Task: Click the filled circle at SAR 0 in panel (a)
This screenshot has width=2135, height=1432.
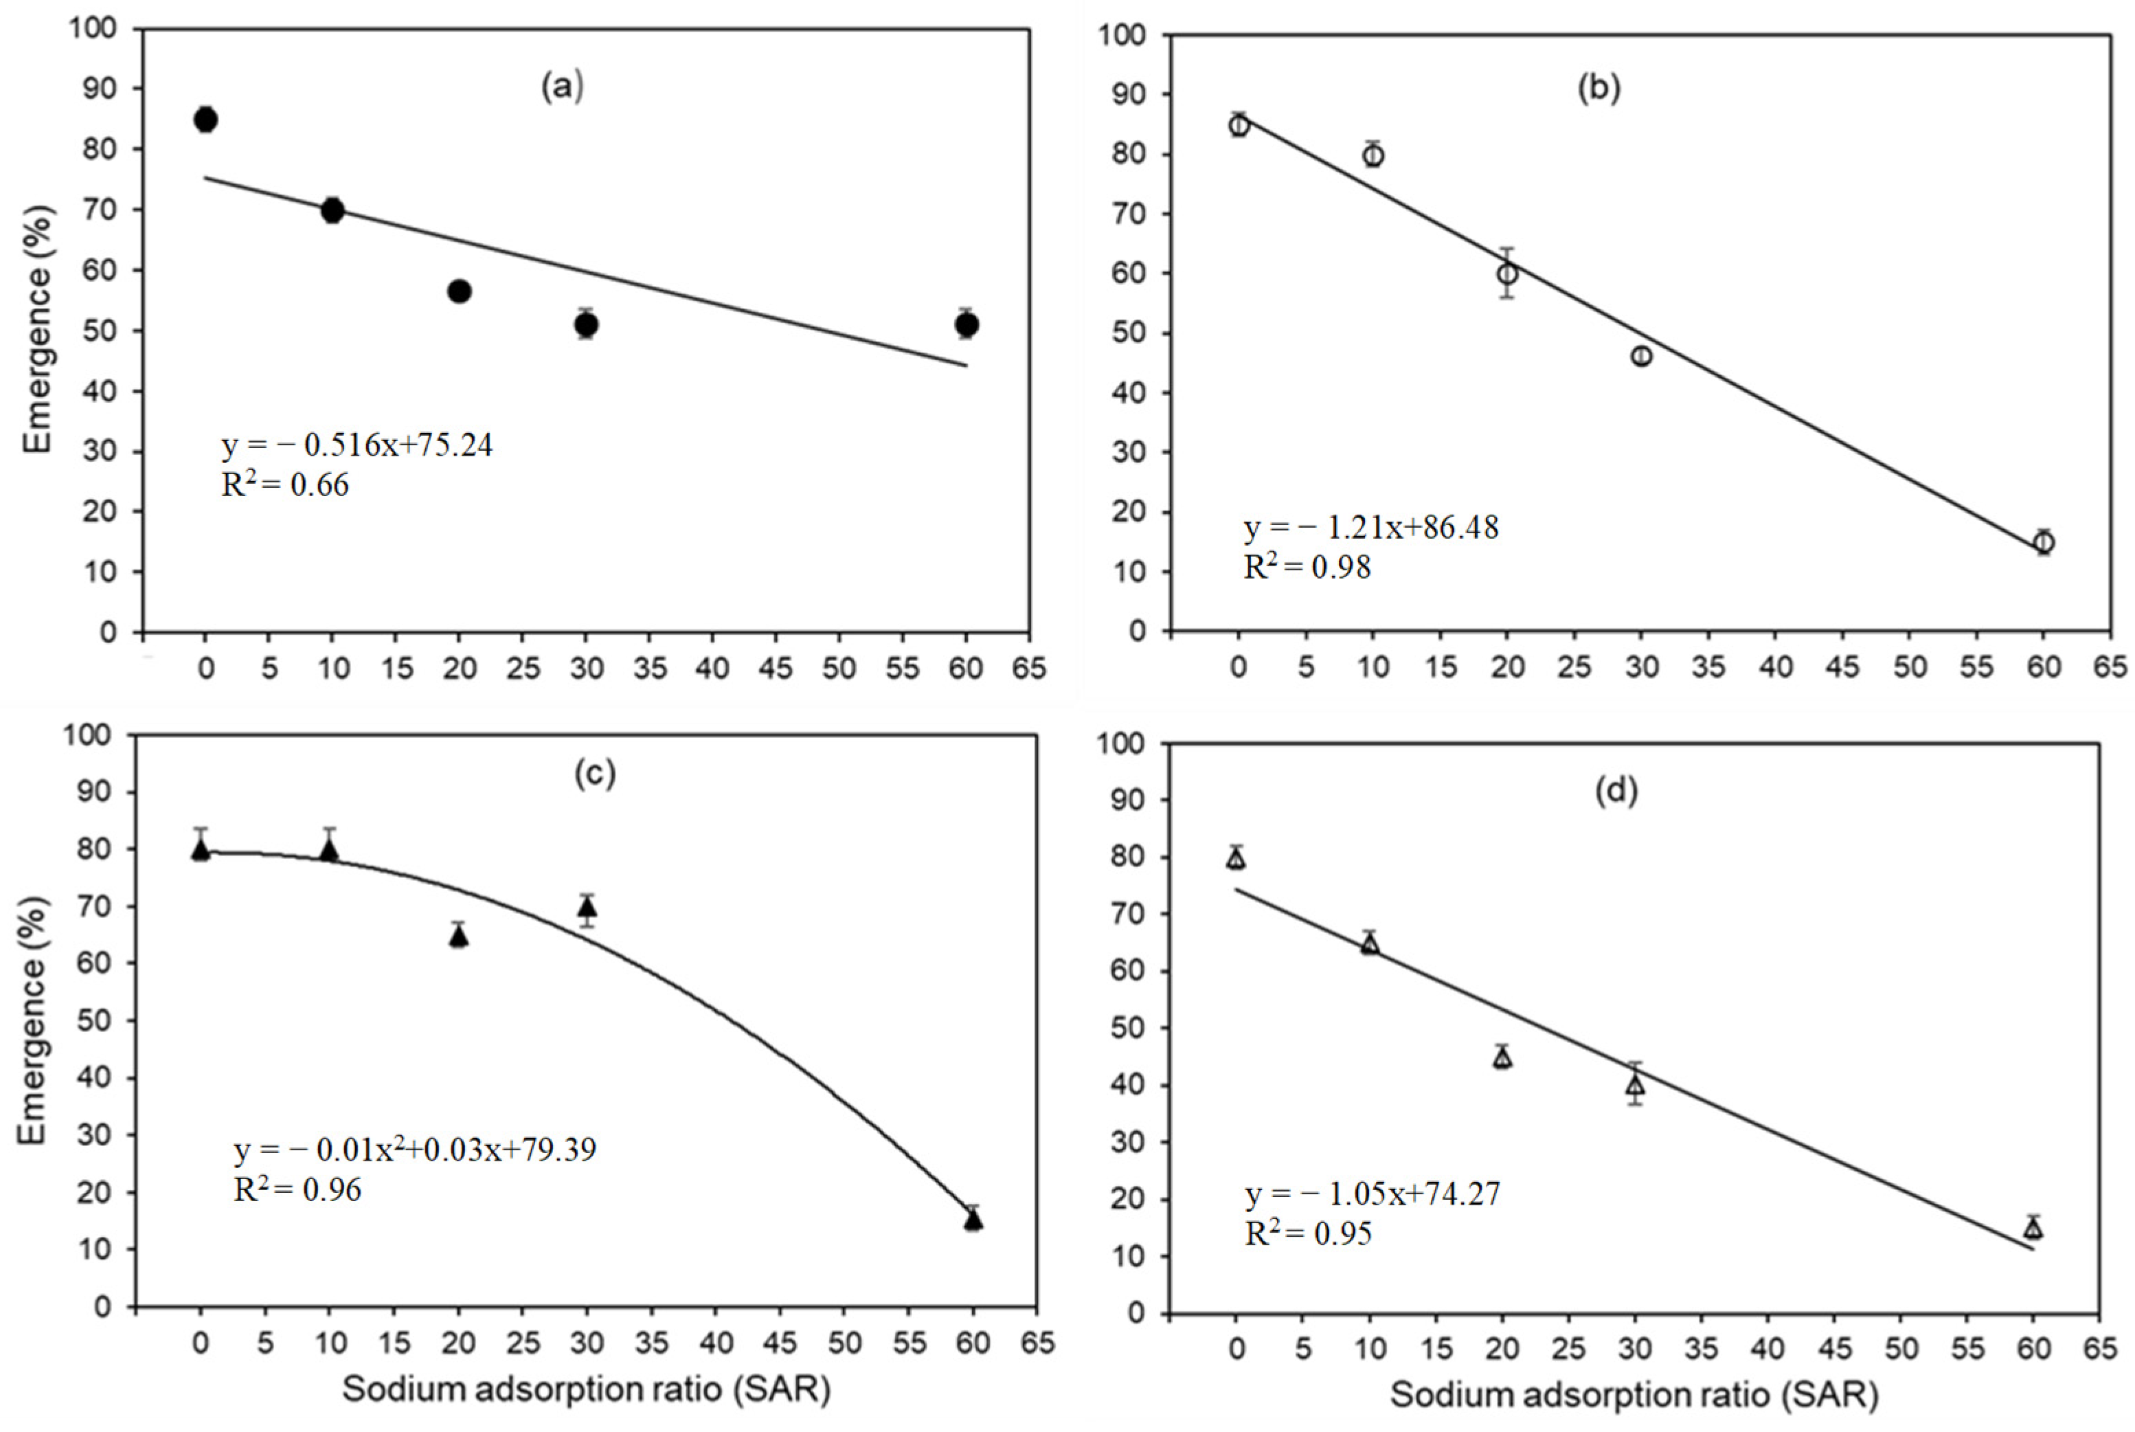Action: point(205,119)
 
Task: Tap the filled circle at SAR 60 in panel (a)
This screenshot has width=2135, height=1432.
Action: point(967,324)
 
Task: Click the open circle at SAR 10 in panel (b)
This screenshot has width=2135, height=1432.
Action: point(1372,155)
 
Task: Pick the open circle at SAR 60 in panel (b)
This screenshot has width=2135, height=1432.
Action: point(2044,542)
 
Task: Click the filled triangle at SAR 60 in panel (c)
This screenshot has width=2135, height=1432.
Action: point(973,1221)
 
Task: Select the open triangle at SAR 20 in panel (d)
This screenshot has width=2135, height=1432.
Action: point(1502,1058)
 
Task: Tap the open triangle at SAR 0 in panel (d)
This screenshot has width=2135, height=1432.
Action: point(1236,860)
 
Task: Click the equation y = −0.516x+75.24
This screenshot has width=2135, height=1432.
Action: point(357,446)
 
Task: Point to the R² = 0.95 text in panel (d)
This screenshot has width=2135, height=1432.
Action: point(1308,1234)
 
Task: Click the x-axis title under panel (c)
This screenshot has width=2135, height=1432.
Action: point(586,1389)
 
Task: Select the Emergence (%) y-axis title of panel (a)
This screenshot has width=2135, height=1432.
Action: point(38,328)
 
